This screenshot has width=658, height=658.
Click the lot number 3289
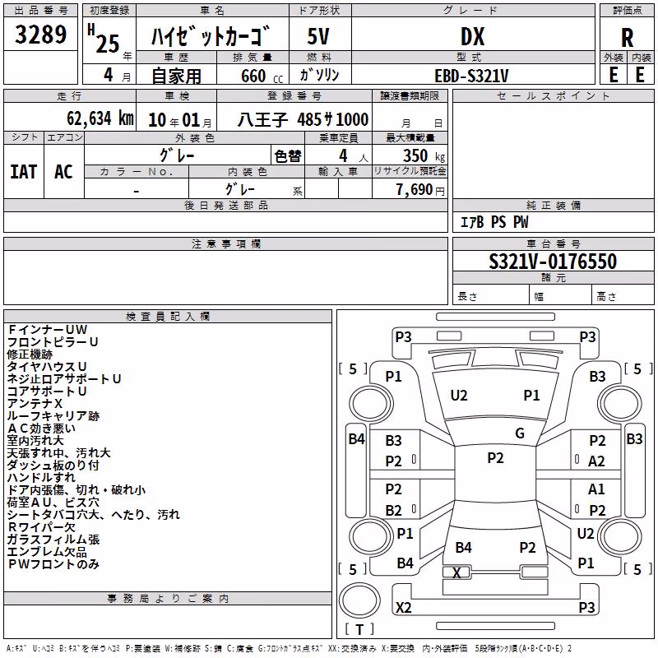[40, 34]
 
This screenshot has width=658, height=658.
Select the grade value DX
[472, 36]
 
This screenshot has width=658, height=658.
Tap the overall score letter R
[627, 37]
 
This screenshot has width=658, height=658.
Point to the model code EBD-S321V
[471, 76]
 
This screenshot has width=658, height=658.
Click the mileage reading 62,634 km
[100, 118]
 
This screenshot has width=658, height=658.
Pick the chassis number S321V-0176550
[553, 261]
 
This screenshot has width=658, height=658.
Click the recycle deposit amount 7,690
[414, 190]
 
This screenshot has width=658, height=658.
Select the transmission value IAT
[24, 172]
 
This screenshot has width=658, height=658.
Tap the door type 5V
[318, 36]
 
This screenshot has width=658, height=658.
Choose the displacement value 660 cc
[262, 76]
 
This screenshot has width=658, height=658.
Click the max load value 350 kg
[424, 156]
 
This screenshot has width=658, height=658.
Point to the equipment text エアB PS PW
[494, 221]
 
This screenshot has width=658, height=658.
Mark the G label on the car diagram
[520, 433]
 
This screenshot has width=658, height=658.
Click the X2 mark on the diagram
[404, 607]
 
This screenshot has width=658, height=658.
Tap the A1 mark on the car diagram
[596, 489]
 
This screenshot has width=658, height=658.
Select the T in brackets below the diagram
[359, 629]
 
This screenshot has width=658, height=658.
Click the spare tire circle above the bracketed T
[359, 600]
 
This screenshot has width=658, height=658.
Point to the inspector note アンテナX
[35, 404]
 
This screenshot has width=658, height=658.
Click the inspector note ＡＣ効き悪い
[42, 429]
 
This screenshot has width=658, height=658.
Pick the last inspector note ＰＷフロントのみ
[53, 564]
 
